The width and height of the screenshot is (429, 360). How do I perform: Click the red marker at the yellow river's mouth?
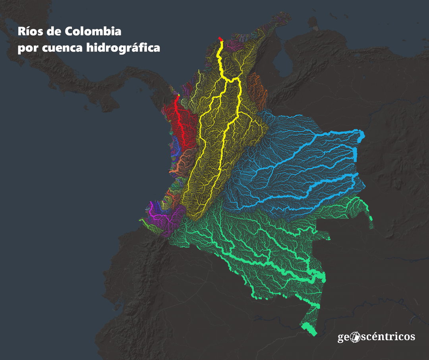click(220, 39)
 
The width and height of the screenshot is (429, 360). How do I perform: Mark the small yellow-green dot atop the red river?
click(179, 96)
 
